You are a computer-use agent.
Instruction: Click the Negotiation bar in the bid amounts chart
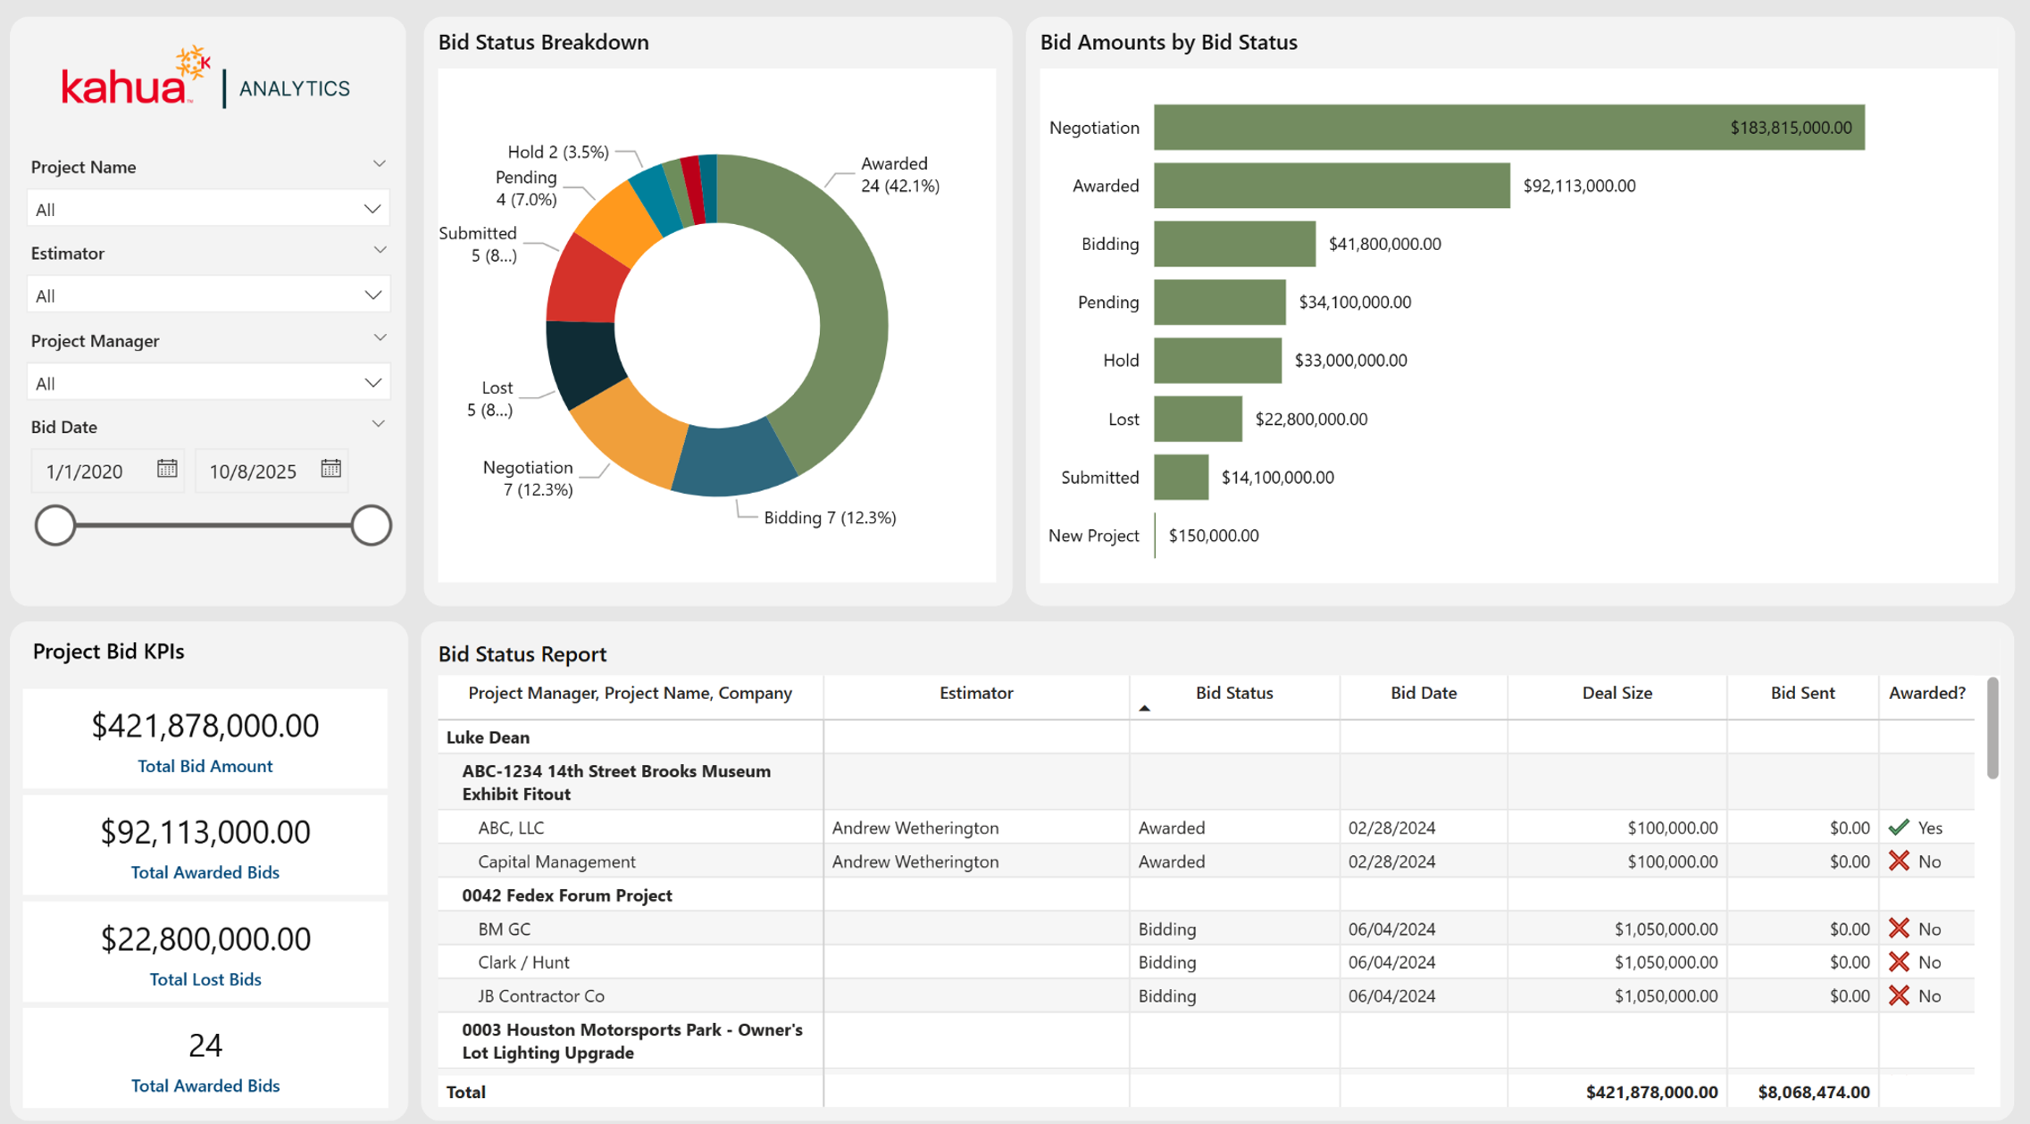click(1508, 127)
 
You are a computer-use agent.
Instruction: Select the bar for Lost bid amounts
click(1198, 419)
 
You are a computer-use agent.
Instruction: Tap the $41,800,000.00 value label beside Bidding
click(1384, 244)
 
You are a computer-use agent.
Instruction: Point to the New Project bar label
click(1093, 536)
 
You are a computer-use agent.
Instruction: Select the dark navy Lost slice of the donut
click(583, 362)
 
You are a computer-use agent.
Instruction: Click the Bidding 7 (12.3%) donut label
click(830, 518)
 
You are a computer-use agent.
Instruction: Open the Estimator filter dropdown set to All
click(208, 296)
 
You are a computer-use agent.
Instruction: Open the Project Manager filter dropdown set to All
click(208, 383)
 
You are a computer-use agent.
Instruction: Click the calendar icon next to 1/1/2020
click(167, 469)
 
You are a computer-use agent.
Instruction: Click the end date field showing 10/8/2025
click(271, 470)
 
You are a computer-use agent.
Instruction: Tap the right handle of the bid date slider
click(371, 525)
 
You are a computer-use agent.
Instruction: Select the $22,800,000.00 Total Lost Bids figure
click(205, 938)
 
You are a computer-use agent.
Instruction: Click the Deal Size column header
click(1616, 693)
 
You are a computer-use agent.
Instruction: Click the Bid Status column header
click(1234, 693)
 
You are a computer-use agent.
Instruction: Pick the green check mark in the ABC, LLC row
click(1899, 828)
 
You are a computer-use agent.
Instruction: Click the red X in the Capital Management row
click(1899, 861)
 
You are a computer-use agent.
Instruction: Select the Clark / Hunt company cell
click(523, 962)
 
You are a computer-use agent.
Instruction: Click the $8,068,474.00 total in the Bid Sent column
click(1813, 1092)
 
